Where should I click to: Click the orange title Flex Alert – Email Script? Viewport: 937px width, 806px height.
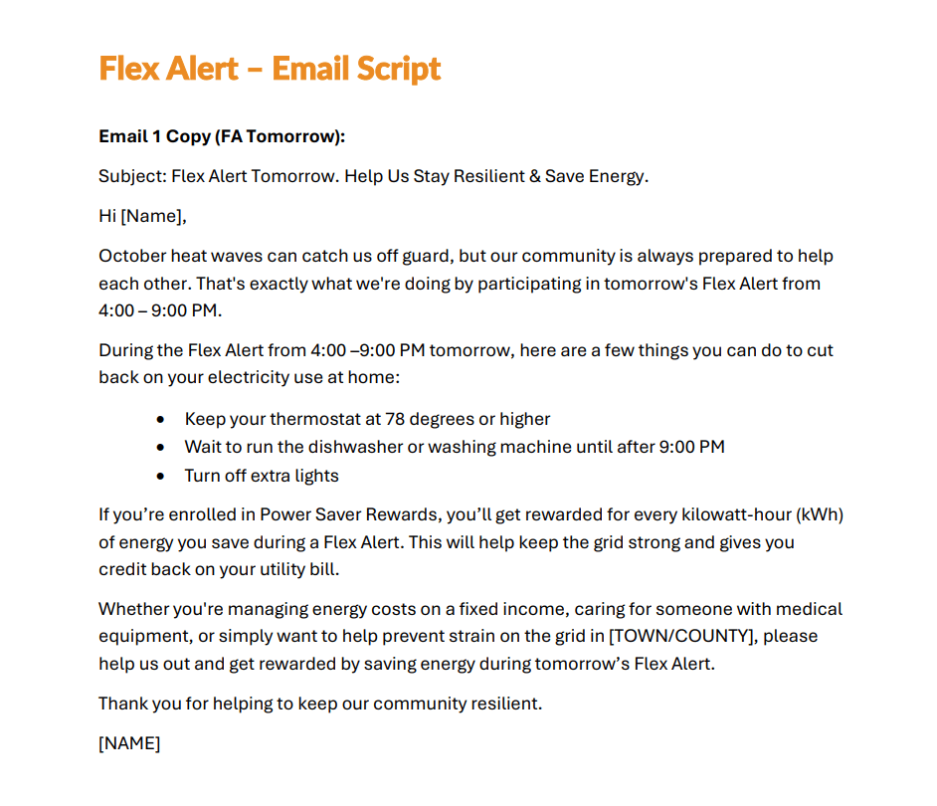coord(270,69)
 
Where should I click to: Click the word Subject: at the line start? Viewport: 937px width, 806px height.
coord(131,177)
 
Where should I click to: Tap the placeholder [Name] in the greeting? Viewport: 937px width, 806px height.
coord(152,216)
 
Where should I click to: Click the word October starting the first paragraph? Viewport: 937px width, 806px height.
coord(131,256)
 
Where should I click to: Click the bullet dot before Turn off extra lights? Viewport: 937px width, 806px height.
coord(161,476)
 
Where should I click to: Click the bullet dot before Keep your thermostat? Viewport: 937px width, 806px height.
coord(161,419)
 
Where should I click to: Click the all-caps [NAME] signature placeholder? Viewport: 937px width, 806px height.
coord(129,742)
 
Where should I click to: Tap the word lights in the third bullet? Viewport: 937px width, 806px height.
coord(316,476)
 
